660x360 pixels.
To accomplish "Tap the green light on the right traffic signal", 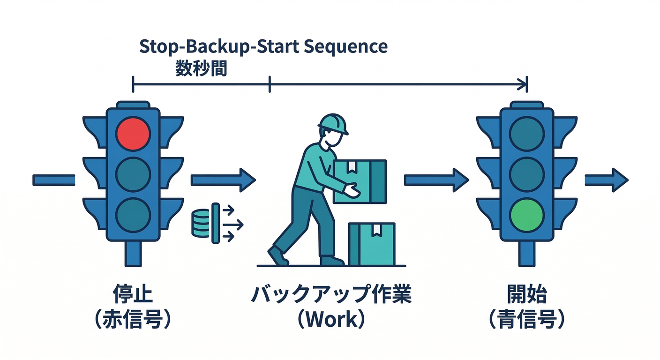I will (x=527, y=214).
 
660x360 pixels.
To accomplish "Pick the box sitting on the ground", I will (x=372, y=244).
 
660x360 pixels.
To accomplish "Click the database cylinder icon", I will (x=200, y=223).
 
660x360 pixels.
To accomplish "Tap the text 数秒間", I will (x=201, y=68).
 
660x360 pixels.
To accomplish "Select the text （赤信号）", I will (x=133, y=321).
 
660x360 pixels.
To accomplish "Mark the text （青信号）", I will (x=527, y=321).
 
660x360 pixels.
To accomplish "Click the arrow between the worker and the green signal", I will (x=436, y=180).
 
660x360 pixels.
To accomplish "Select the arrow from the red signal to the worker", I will (x=223, y=180).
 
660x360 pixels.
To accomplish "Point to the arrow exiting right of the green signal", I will (x=606, y=180).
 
